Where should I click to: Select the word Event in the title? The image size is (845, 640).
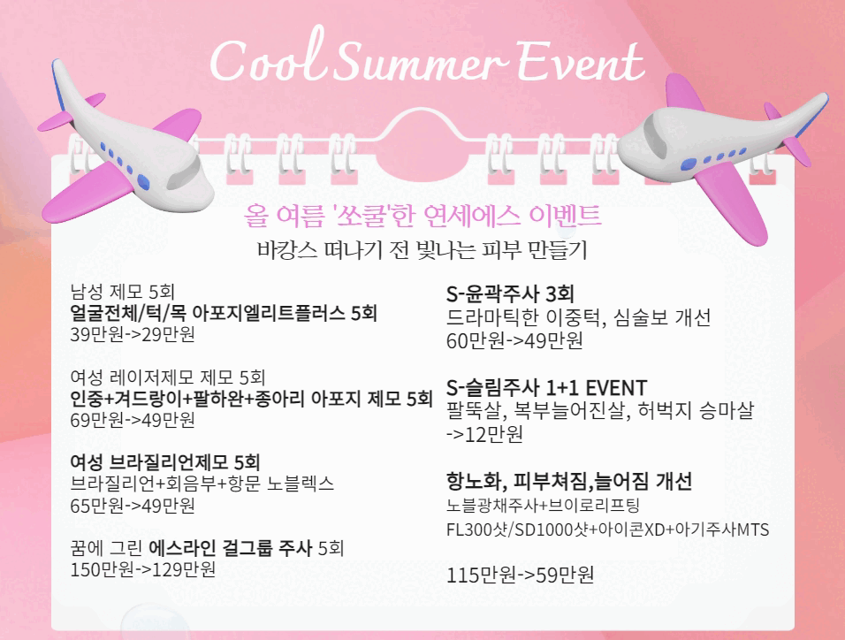581,61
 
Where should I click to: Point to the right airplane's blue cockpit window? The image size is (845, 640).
689,164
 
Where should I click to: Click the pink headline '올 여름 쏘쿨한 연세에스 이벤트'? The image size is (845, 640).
422,216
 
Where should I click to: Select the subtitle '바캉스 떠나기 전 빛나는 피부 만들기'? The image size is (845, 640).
422,249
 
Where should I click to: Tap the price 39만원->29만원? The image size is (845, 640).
133,334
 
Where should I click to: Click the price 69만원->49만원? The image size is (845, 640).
133,420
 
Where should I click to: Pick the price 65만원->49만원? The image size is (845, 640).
133,506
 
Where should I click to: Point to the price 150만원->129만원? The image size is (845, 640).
143,569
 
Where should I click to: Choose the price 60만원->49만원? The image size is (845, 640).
514,340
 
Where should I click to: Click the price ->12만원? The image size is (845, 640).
484,434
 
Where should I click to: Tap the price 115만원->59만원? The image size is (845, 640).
520,575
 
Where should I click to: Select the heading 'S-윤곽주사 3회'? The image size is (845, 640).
510,293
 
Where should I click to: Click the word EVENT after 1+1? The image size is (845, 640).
616,388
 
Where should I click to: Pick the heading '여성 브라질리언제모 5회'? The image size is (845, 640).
165,462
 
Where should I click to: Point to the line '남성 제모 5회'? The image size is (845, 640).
122,292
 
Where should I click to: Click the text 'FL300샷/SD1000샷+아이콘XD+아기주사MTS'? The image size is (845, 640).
607,530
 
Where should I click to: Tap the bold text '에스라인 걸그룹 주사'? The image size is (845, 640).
230,548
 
